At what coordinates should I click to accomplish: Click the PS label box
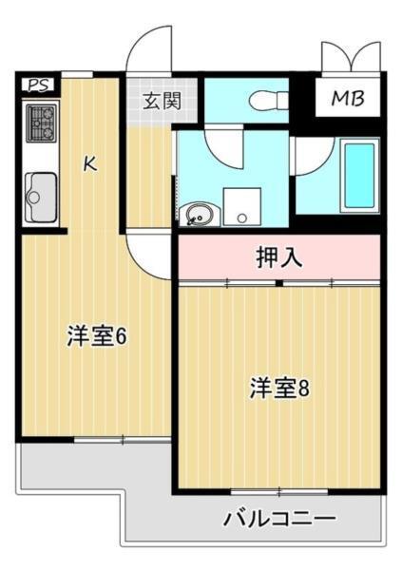[x=37, y=85]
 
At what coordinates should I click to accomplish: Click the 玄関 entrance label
[x=162, y=100]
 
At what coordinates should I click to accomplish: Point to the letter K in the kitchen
[x=89, y=163]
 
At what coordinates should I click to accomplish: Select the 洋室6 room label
[x=97, y=336]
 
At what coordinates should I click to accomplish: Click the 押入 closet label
[x=278, y=256]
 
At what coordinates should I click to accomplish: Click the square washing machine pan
[x=242, y=206]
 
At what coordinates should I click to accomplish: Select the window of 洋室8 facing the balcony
[x=278, y=491]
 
